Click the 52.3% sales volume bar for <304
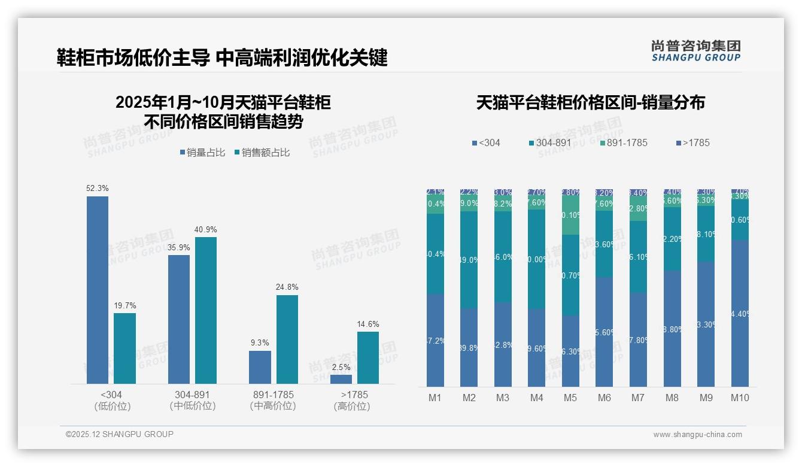98,290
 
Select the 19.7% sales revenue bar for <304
124,348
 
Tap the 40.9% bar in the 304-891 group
205,310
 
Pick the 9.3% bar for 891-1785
260,367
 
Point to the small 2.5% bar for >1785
341,379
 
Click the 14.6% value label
368,325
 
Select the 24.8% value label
287,287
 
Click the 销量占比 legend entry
202,153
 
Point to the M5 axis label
570,398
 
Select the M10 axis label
740,398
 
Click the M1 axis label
435,398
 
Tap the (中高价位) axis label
273,406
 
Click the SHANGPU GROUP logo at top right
695,51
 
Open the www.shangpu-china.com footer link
697,435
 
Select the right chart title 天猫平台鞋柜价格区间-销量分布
591,103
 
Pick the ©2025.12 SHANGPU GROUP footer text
120,435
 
